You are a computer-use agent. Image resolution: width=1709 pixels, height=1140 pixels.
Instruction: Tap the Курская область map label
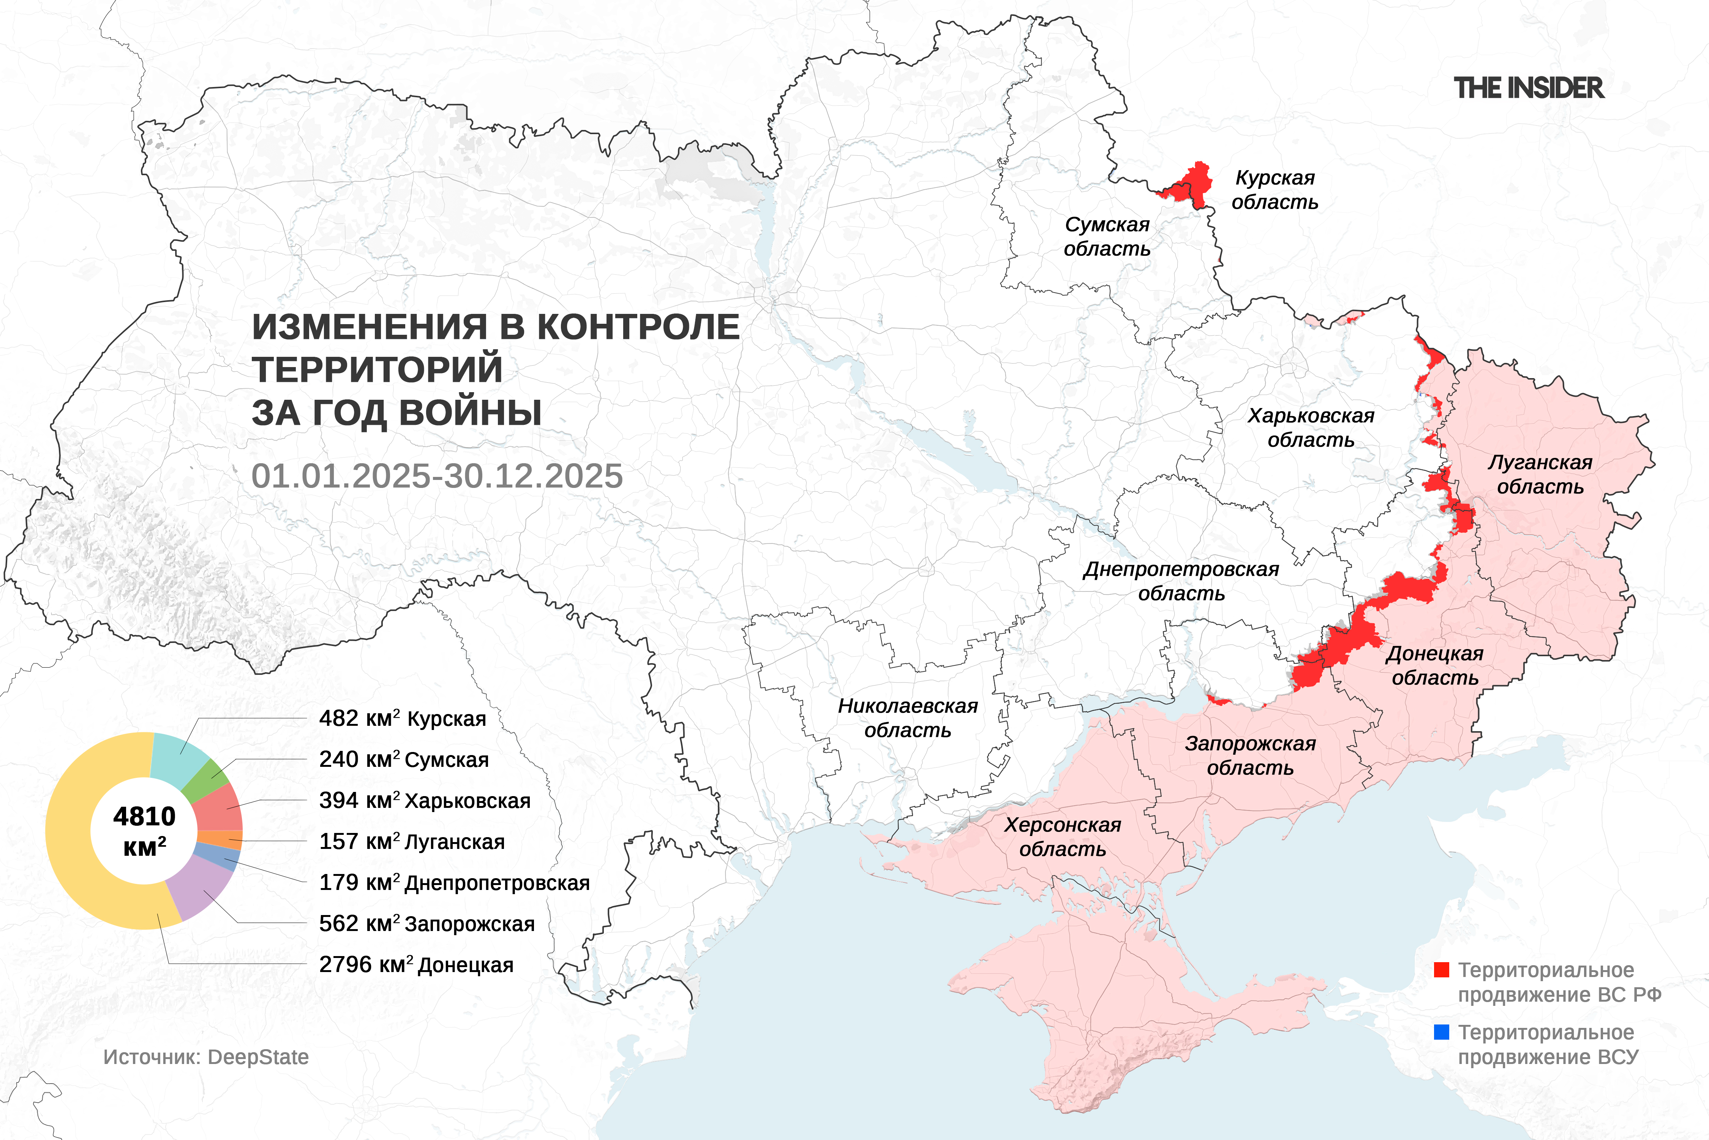(x=1275, y=190)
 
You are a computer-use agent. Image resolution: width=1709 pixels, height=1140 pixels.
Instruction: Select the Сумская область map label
(x=1107, y=236)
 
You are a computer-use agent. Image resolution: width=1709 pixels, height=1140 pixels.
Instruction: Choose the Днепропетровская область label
(x=1181, y=581)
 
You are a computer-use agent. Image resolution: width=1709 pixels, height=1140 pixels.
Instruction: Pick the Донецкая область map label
(x=1434, y=665)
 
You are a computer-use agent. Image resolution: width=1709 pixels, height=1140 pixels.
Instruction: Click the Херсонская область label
(x=1062, y=837)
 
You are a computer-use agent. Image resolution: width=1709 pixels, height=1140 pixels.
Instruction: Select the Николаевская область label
(x=908, y=717)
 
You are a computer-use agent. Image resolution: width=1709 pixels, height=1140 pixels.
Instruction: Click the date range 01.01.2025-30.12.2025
(x=437, y=476)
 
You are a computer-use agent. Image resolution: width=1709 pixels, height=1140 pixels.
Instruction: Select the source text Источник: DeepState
(x=205, y=1057)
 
